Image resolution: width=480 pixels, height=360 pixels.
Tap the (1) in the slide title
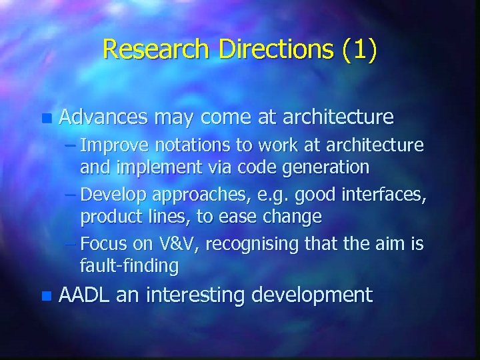tap(360, 49)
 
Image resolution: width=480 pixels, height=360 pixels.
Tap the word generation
tap(327, 166)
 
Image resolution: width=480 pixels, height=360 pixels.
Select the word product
tap(106, 216)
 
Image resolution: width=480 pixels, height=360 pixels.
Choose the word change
tap(293, 216)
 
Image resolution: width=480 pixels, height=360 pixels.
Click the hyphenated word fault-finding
tap(129, 266)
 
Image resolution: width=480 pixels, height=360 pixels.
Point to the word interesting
tap(201, 295)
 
